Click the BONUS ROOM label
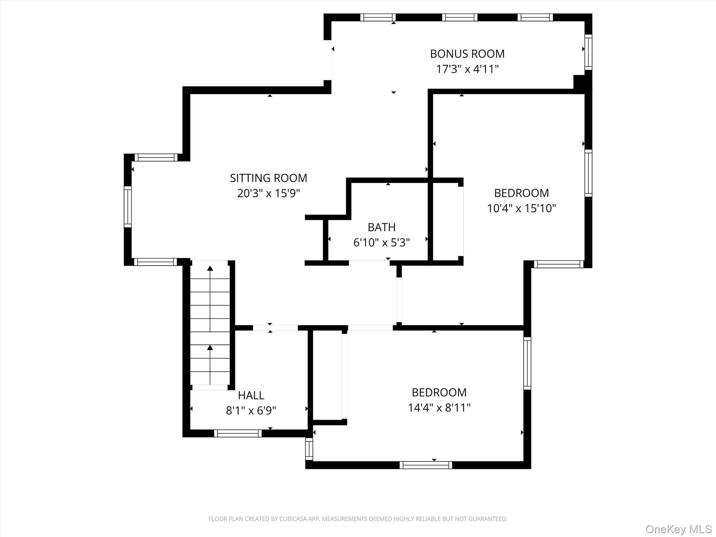(x=467, y=54)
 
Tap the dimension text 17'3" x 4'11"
(x=467, y=69)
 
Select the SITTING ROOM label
(x=268, y=178)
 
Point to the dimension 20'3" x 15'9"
(x=268, y=193)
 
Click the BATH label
(x=381, y=227)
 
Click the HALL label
(x=251, y=395)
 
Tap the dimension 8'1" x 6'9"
(x=251, y=410)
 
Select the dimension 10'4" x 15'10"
(x=521, y=208)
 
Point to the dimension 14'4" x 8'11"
(x=439, y=408)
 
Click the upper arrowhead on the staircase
(x=210, y=268)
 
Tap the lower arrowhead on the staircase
(x=210, y=348)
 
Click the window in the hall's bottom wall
(x=238, y=434)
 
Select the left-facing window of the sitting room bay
(x=128, y=207)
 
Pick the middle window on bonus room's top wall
(x=460, y=17)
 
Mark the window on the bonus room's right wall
(x=588, y=52)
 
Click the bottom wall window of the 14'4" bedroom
(x=425, y=465)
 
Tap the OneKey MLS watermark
(x=678, y=529)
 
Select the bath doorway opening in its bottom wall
(x=369, y=263)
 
